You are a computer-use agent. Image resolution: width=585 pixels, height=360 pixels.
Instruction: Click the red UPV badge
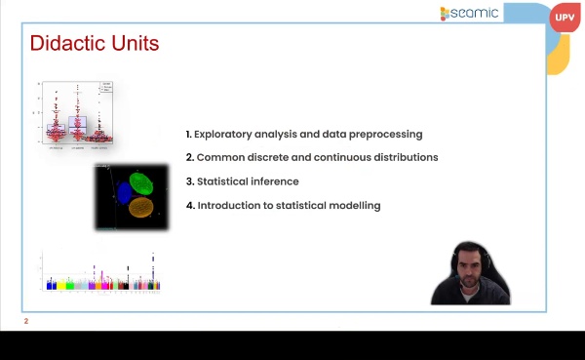click(x=565, y=18)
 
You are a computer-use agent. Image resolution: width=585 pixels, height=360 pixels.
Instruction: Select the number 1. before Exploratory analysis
click(x=188, y=134)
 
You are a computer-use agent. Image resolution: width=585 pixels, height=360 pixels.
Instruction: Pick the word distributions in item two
click(x=402, y=157)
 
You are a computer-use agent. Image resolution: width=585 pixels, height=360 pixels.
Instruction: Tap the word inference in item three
click(x=274, y=181)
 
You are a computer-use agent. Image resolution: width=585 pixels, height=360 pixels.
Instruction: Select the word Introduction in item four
click(x=231, y=206)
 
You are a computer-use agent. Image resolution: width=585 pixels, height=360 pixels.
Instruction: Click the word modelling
click(x=353, y=206)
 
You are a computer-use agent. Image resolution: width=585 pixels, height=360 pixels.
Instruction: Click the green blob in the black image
click(x=142, y=183)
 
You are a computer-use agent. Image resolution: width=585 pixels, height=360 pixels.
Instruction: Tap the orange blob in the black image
click(x=141, y=207)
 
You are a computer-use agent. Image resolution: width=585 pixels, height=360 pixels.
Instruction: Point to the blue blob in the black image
click(x=124, y=193)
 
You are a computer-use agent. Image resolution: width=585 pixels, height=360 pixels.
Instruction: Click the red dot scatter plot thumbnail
click(x=76, y=114)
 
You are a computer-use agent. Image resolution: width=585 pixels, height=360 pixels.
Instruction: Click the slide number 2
click(x=26, y=321)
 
